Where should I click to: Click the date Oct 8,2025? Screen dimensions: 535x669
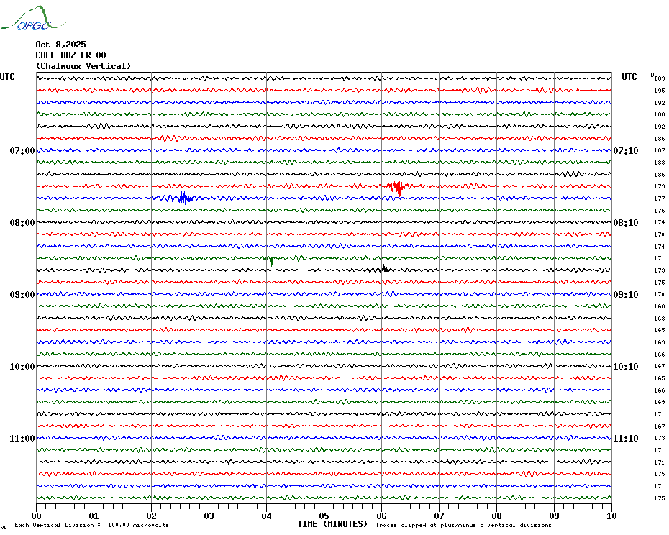pyautogui.click(x=60, y=45)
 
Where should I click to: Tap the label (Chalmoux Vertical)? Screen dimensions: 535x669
pyautogui.click(x=83, y=66)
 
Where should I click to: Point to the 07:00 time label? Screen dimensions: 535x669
pyautogui.click(x=22, y=151)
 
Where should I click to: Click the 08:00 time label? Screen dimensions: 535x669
pyautogui.click(x=22, y=223)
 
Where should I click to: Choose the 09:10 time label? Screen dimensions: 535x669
pyautogui.click(x=625, y=295)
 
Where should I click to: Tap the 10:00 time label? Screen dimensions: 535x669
pyautogui.click(x=22, y=367)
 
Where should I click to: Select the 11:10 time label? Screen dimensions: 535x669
pyautogui.click(x=625, y=439)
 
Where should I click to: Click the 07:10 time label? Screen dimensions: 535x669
pyautogui.click(x=625, y=151)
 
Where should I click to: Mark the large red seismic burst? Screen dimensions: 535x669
pyautogui.click(x=396, y=186)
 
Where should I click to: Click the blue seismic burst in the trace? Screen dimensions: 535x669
pyautogui.click(x=183, y=198)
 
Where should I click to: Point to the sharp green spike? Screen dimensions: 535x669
pyautogui.click(x=270, y=259)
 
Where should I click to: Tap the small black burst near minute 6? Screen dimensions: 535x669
pyautogui.click(x=384, y=270)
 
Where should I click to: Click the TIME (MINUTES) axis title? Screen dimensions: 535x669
pyautogui.click(x=332, y=524)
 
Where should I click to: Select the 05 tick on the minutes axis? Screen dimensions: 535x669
pyautogui.click(x=324, y=516)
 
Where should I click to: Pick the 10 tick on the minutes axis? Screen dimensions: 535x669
pyautogui.click(x=611, y=516)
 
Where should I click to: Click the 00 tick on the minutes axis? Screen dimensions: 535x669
pyautogui.click(x=37, y=516)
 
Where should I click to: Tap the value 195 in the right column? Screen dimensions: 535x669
pyautogui.click(x=659, y=91)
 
